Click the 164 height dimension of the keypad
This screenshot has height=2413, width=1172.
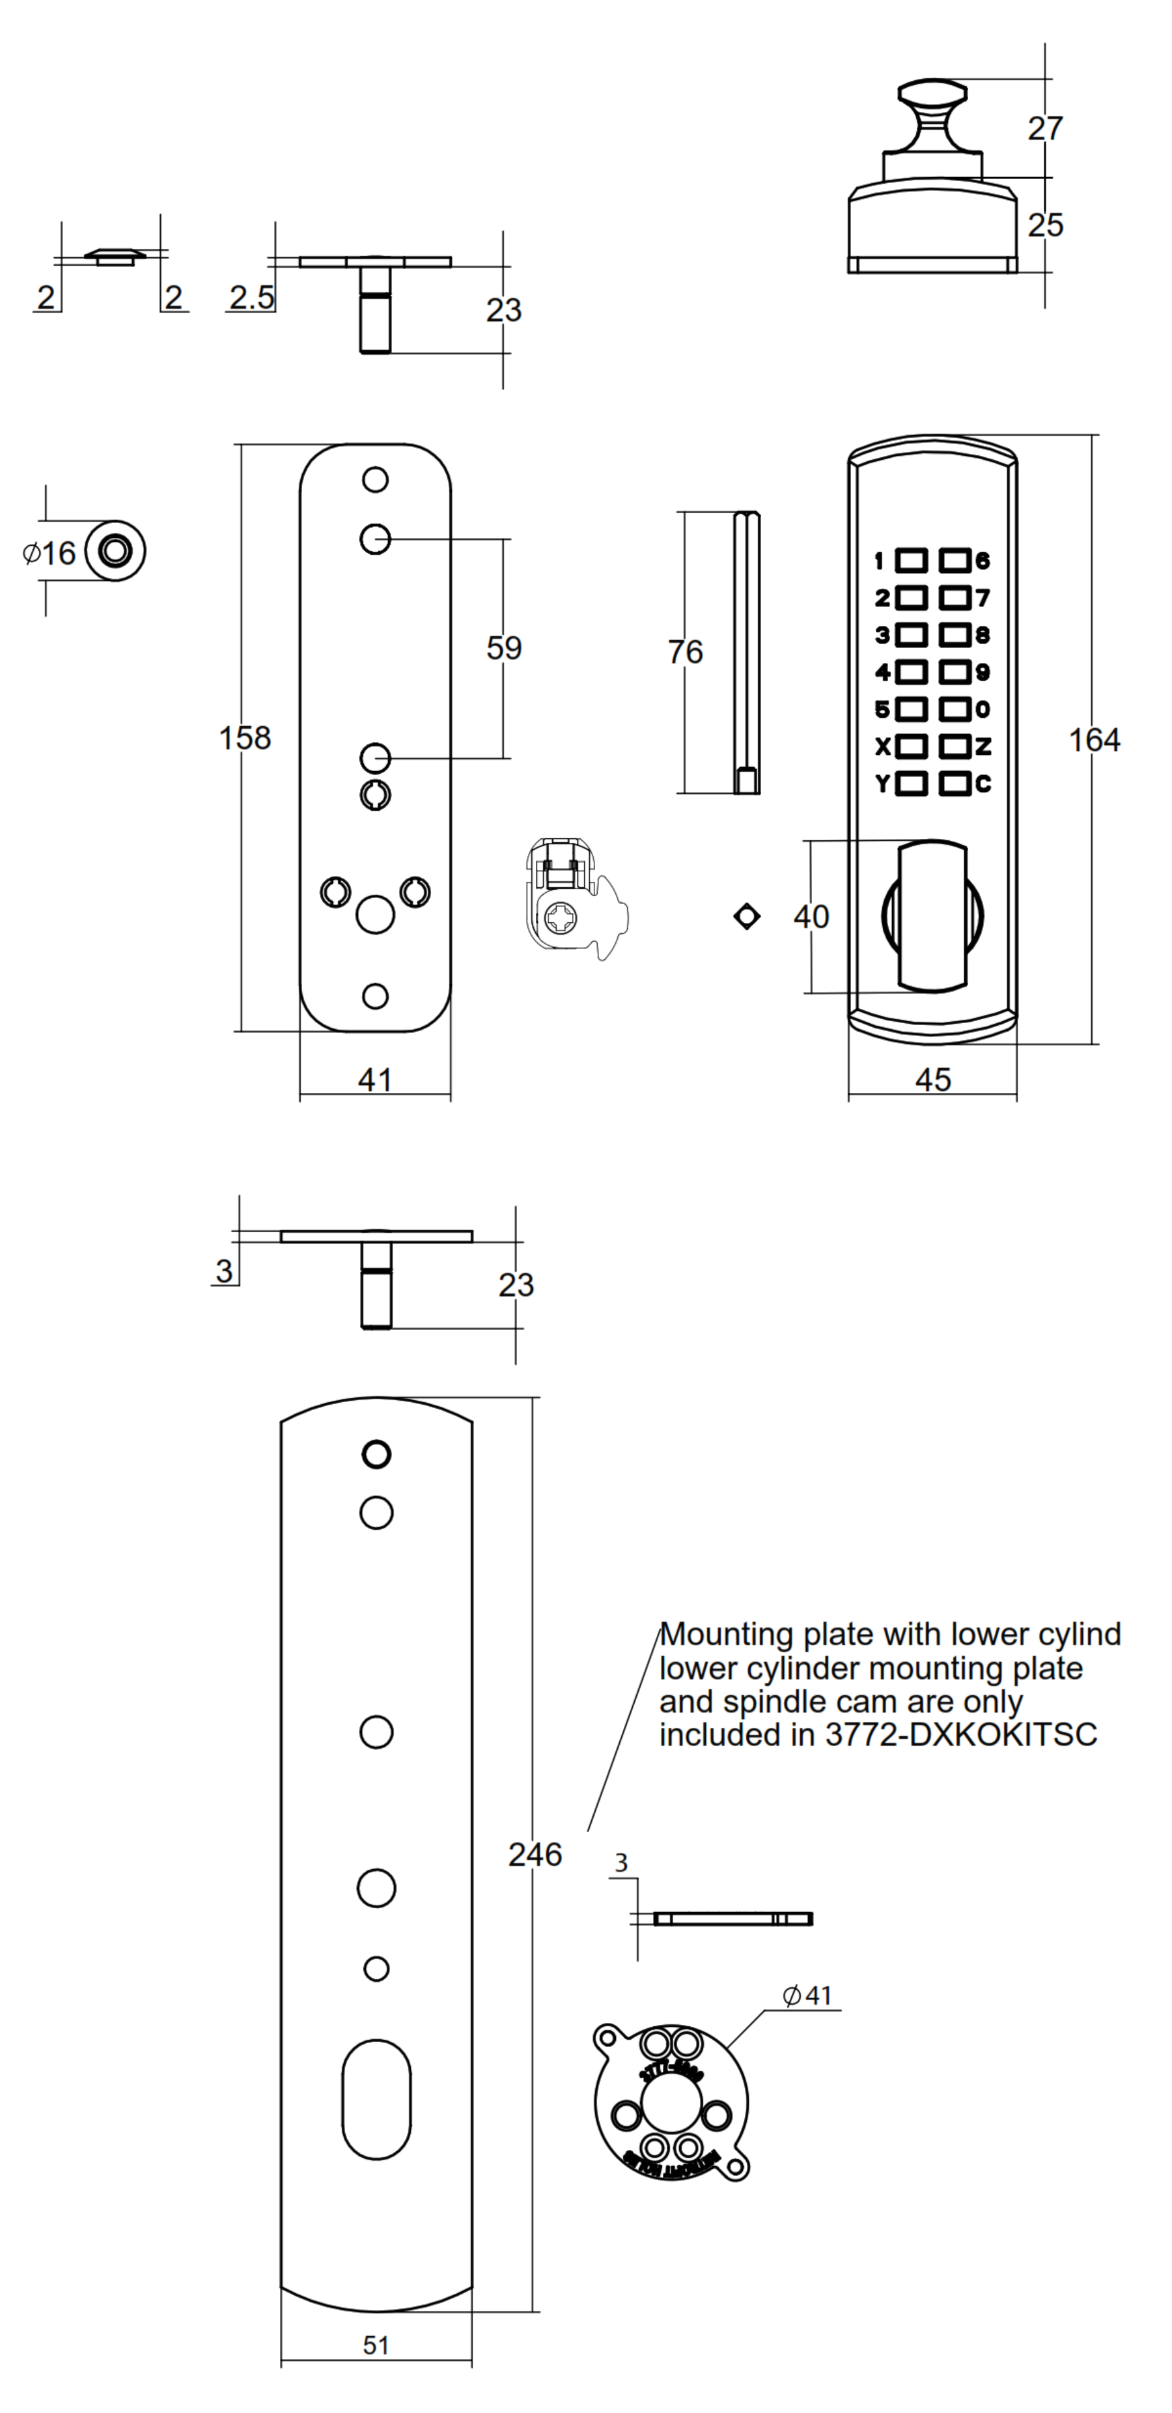point(1093,740)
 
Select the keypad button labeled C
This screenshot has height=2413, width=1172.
point(955,783)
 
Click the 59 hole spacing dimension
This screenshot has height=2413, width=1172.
point(504,647)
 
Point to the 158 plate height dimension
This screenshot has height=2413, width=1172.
point(245,738)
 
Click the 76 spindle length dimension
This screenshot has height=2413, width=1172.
point(685,651)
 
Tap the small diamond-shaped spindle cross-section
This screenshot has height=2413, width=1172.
point(747,916)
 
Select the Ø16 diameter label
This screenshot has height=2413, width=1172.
point(49,553)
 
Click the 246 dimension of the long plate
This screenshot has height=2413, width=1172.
point(535,1854)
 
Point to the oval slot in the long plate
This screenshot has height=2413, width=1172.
point(376,2098)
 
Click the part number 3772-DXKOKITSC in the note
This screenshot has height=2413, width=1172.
point(960,1735)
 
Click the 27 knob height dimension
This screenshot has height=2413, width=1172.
point(1044,128)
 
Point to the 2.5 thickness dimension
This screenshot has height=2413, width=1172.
point(251,297)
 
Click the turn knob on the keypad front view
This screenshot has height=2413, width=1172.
point(932,916)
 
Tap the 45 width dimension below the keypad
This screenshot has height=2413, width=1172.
point(932,1079)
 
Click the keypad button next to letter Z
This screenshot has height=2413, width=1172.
point(955,746)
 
